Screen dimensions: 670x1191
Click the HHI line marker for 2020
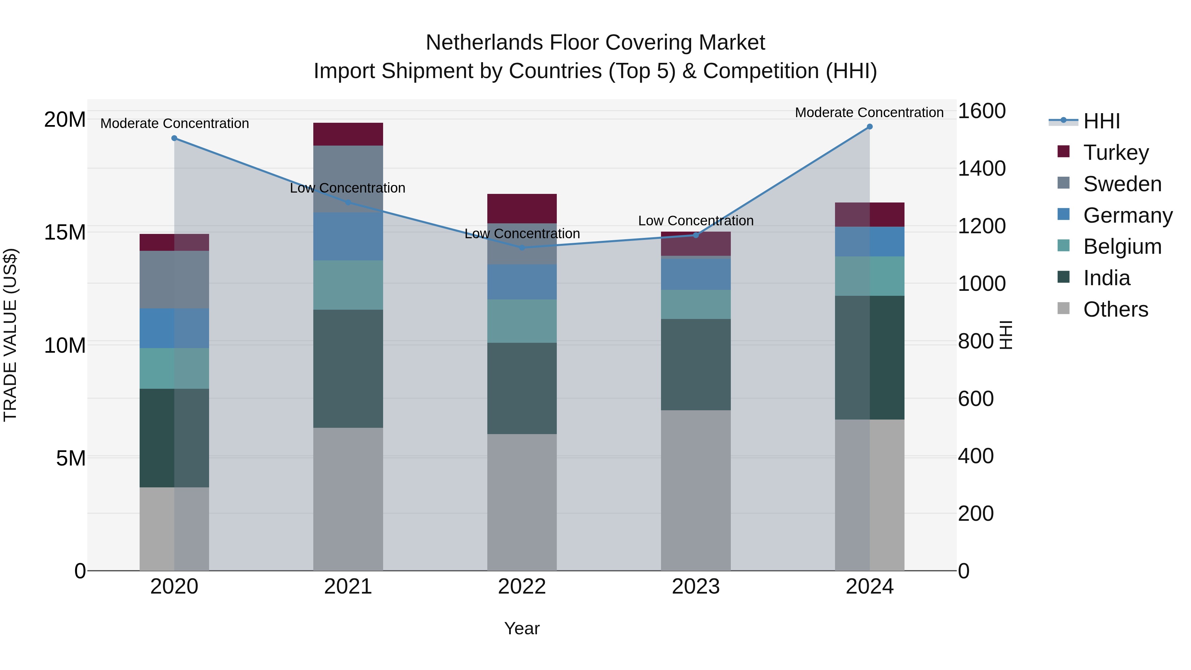[x=174, y=138]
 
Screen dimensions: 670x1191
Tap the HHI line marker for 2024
[x=870, y=127]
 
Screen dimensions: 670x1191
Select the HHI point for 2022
[x=522, y=248]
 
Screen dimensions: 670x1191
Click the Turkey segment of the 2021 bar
[x=348, y=134]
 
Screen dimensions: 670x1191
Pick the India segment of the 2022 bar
[x=522, y=388]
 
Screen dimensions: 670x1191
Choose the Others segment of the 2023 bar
[x=696, y=490]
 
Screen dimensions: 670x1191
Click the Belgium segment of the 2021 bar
[x=348, y=285]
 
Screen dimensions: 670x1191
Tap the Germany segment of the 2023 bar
[x=696, y=274]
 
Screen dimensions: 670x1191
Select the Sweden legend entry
[x=1122, y=184]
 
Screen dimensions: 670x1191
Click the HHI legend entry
[x=1101, y=121]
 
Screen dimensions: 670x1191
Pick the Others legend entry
[x=1115, y=309]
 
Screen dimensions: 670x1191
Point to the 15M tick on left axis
[x=65, y=232]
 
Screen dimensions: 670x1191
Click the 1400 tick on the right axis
[x=981, y=168]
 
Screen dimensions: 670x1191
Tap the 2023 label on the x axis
[x=696, y=587]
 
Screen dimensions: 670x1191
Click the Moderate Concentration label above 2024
[x=869, y=112]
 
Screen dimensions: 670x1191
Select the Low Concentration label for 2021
[x=348, y=188]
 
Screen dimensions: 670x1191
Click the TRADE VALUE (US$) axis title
[x=10, y=335]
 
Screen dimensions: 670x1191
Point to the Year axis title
[x=522, y=628]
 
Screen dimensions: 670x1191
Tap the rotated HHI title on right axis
[x=1006, y=335]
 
